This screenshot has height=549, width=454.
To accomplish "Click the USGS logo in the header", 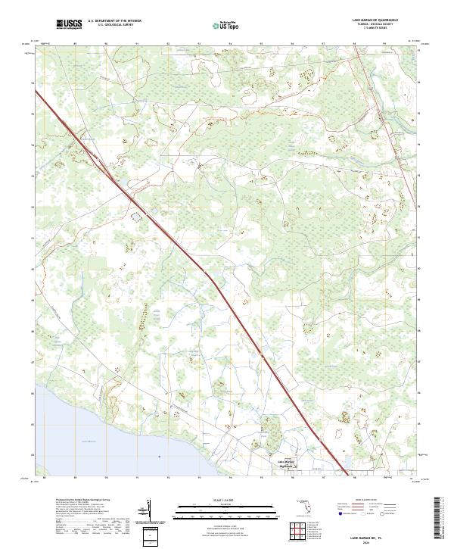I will (x=69, y=24).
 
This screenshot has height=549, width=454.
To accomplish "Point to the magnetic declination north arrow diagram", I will (x=151, y=510).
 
